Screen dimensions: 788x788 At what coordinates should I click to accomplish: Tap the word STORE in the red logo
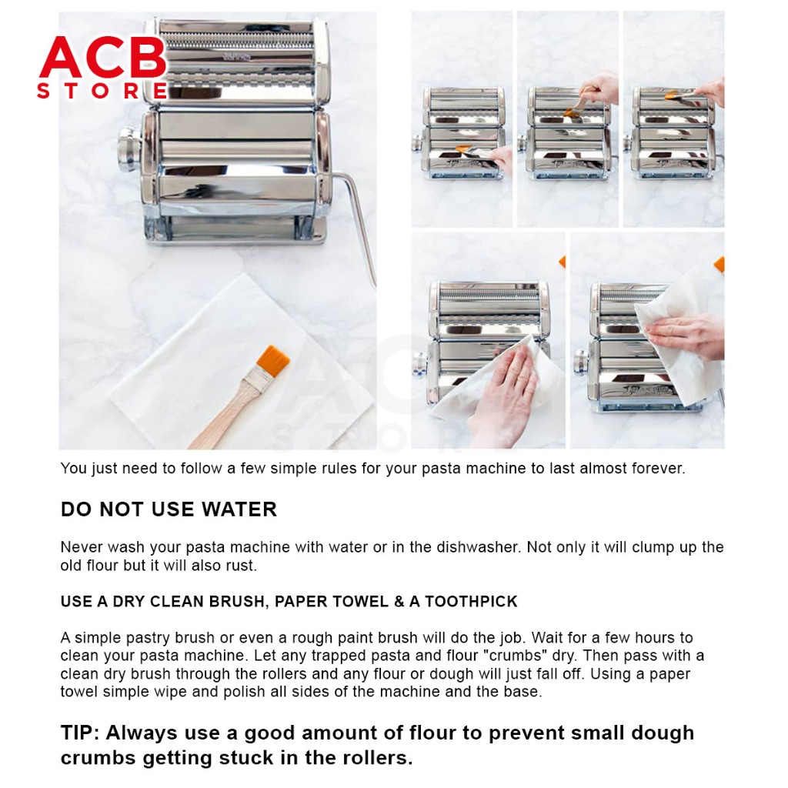(x=102, y=91)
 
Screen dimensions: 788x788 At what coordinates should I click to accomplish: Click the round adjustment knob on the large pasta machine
(x=128, y=148)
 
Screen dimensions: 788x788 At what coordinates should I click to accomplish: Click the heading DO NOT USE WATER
(x=169, y=509)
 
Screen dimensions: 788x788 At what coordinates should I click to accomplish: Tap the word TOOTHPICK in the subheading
(x=471, y=602)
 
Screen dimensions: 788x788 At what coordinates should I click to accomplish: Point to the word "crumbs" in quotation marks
(x=517, y=656)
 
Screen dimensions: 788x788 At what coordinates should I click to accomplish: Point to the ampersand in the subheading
(x=399, y=602)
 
